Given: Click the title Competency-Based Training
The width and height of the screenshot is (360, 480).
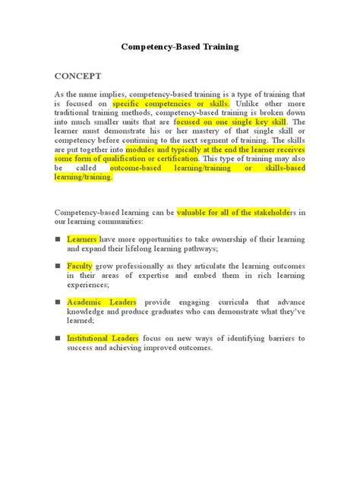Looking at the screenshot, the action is click(x=180, y=46).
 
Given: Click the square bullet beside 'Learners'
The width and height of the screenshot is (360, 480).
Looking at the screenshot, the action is click(x=57, y=239).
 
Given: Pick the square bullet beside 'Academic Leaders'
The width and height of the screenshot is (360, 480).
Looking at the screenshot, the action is click(x=57, y=302).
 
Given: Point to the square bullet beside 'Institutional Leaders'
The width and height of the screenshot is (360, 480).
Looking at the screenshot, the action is click(x=57, y=337).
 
